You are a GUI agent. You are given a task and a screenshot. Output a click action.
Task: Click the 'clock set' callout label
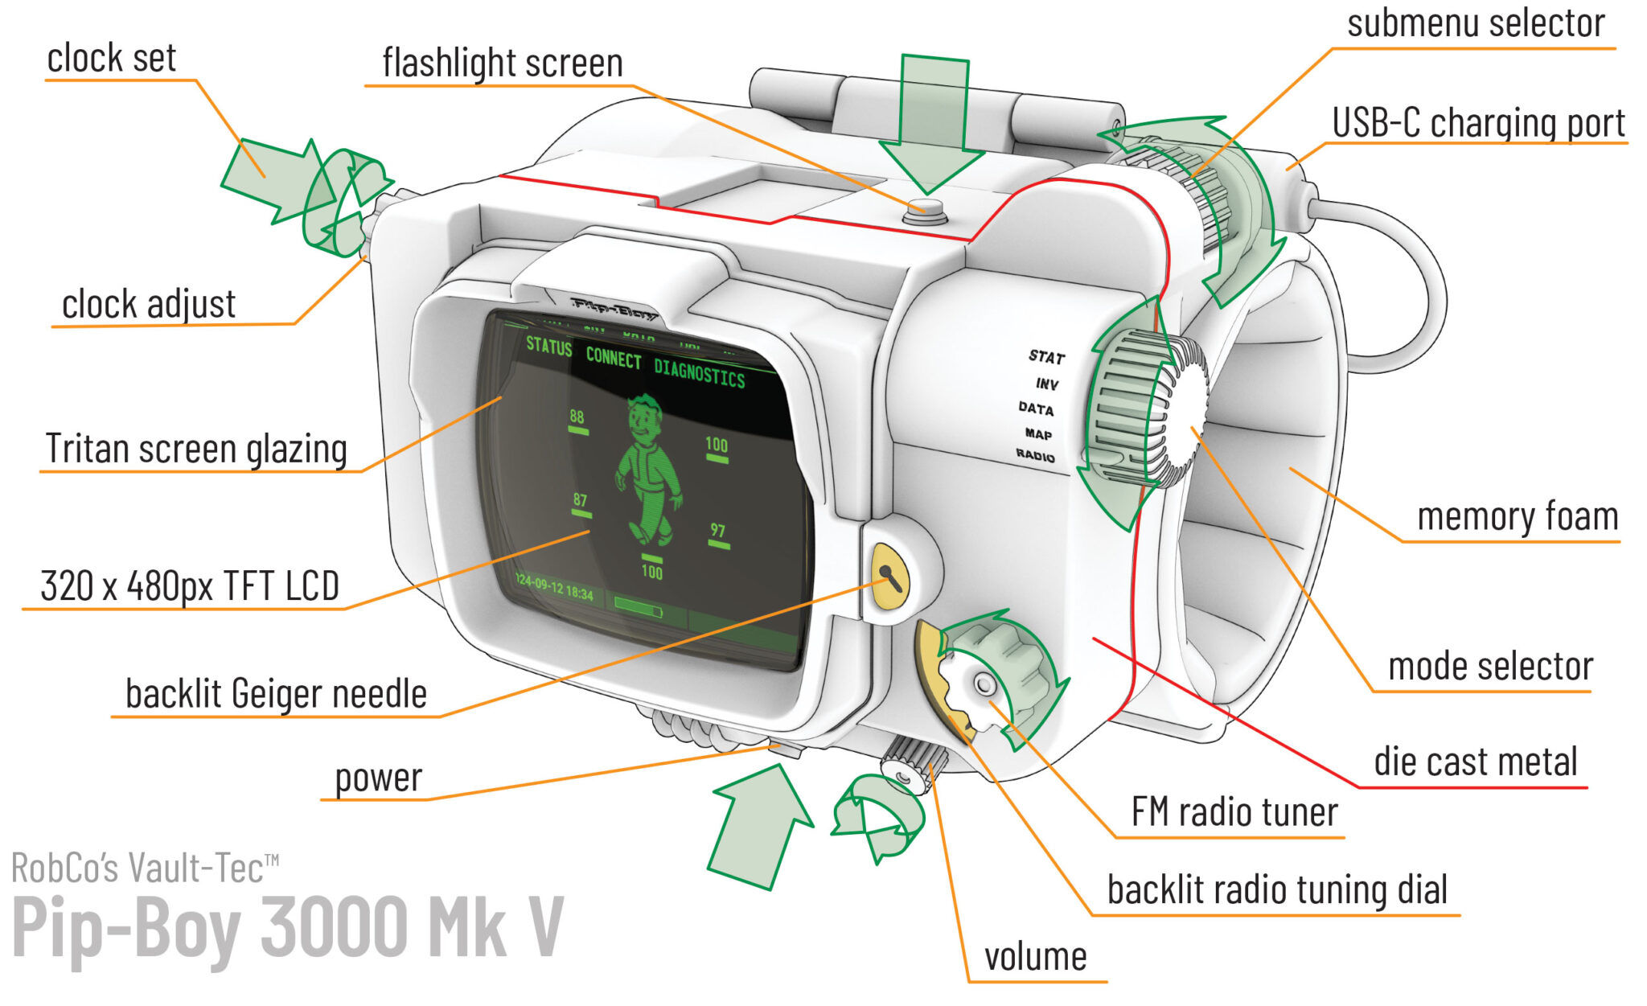pyautogui.click(x=111, y=59)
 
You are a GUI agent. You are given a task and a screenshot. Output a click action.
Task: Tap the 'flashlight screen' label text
pyautogui.click(x=502, y=64)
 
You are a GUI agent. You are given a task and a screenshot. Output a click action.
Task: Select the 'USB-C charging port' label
pyautogui.click(x=1477, y=124)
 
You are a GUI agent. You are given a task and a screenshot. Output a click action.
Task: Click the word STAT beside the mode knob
pyautogui.click(x=1046, y=357)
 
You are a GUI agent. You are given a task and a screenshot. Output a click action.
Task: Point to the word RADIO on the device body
pyautogui.click(x=1035, y=456)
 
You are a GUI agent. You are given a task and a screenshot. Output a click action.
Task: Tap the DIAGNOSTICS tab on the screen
pyautogui.click(x=699, y=374)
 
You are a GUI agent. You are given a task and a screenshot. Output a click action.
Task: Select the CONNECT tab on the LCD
pyautogui.click(x=613, y=358)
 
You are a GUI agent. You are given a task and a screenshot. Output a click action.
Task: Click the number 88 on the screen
pyautogui.click(x=577, y=417)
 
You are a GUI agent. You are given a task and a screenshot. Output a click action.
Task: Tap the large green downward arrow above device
pyautogui.click(x=932, y=121)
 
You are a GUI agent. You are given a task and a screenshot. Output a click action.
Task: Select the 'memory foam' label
pyautogui.click(x=1517, y=517)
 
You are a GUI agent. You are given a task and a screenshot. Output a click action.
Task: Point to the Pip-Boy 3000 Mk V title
pyautogui.click(x=287, y=929)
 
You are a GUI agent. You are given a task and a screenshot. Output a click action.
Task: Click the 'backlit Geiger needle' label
pyautogui.click(x=275, y=694)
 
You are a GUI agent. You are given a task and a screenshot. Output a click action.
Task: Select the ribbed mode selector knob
pyautogui.click(x=1142, y=410)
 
